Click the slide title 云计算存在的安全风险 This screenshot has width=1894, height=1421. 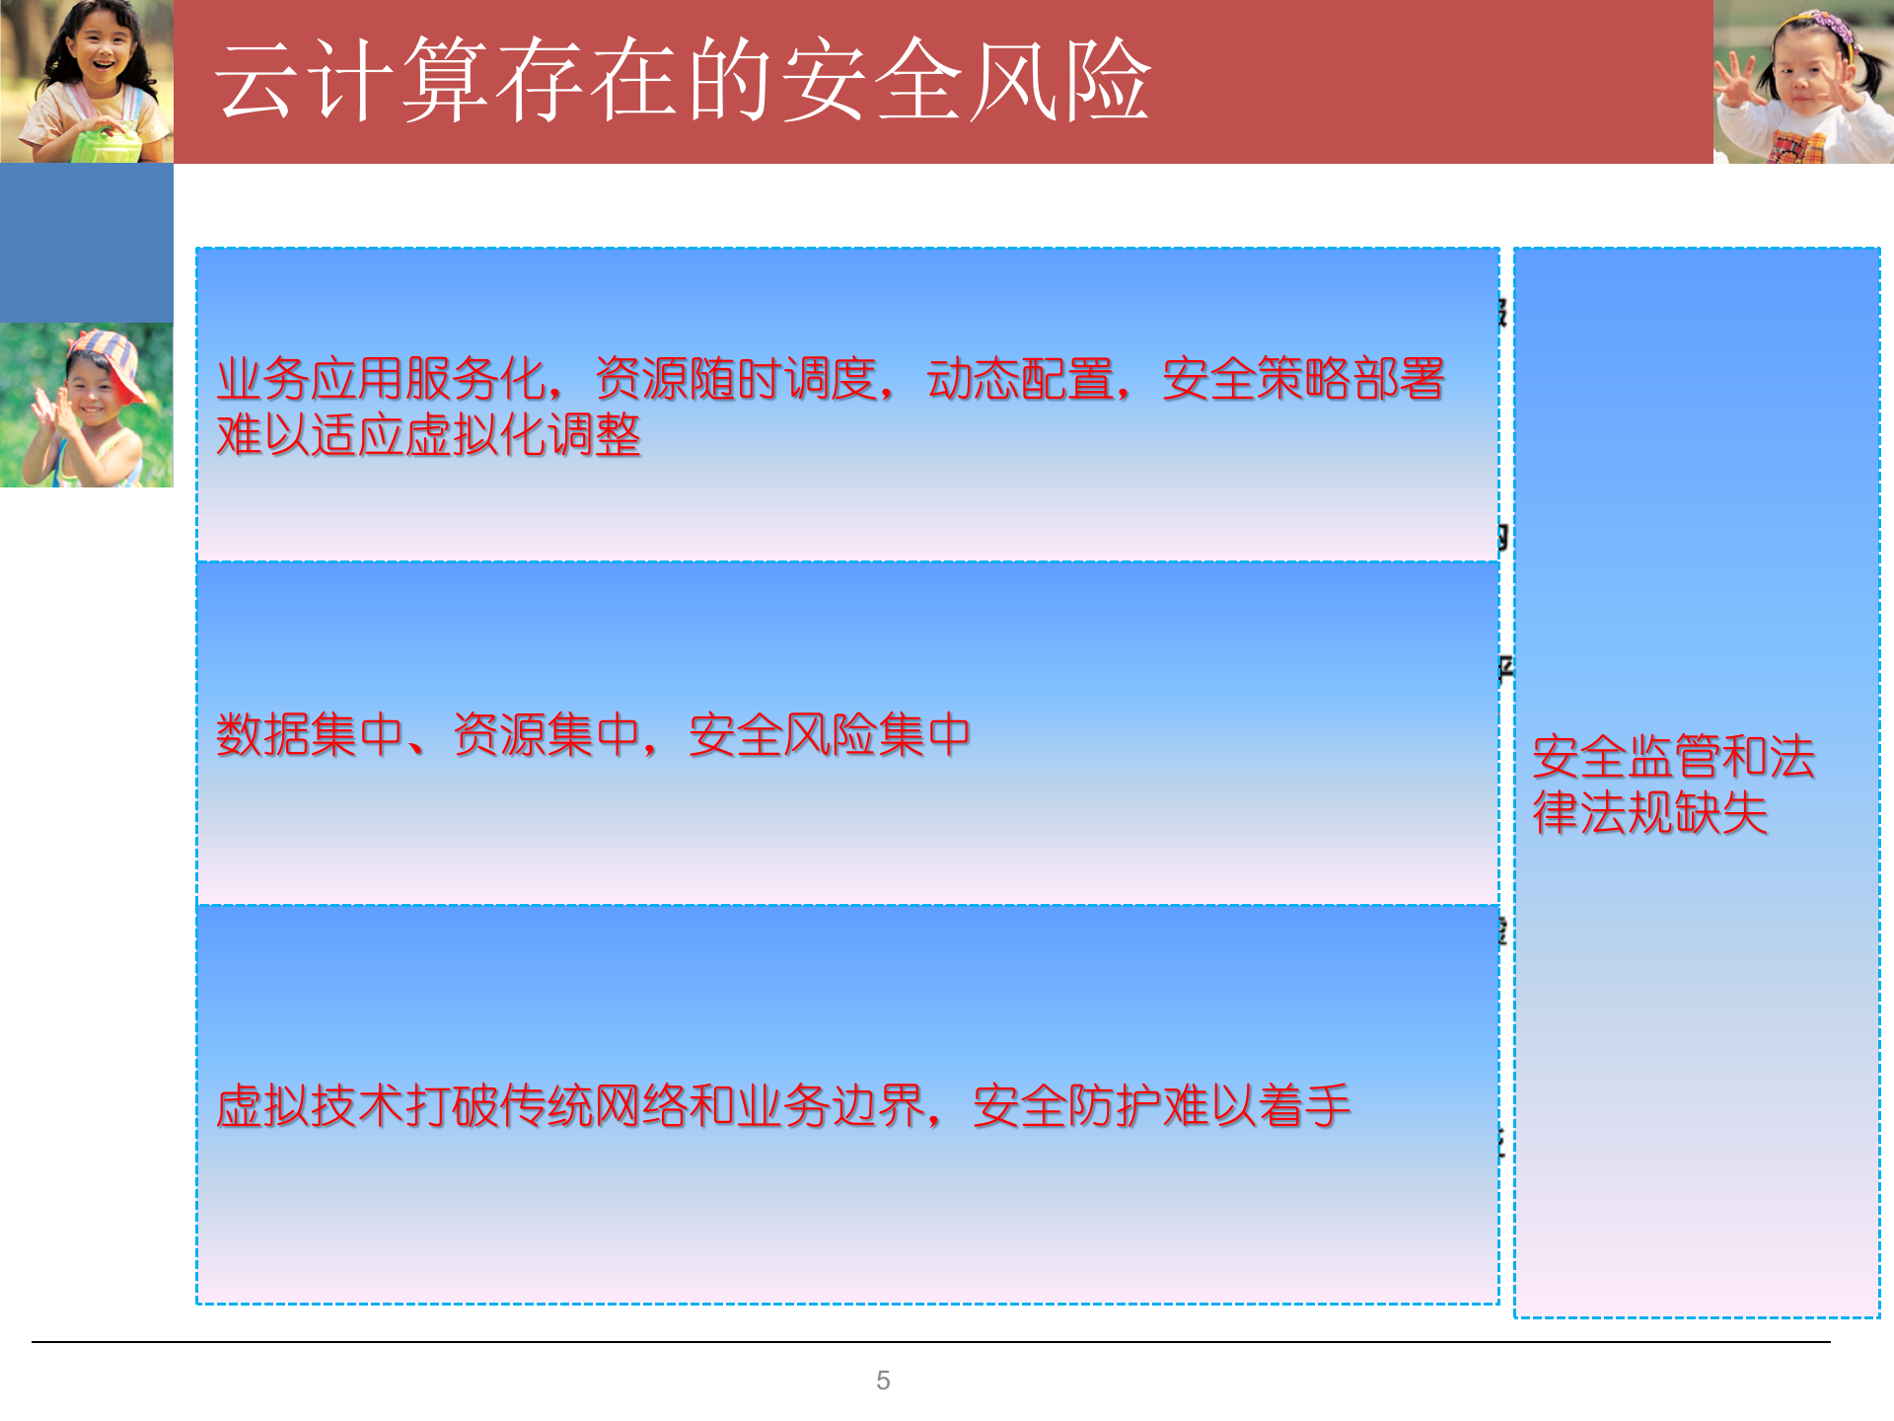683,81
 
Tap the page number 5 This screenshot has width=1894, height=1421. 883,1381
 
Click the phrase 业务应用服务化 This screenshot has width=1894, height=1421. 381,379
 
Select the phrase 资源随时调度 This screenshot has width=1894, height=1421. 735,379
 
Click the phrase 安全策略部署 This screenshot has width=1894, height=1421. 1303,379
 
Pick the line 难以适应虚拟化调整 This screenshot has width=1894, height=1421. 428,435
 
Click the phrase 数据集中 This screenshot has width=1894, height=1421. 310,735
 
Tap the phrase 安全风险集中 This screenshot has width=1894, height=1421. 829,735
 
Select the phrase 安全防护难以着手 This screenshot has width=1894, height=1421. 1161,1105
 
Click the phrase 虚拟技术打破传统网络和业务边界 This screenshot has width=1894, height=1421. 569,1105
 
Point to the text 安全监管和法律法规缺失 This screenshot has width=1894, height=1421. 1673,785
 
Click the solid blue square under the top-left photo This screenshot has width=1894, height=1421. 87,243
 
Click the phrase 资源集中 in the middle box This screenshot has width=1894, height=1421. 546,735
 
